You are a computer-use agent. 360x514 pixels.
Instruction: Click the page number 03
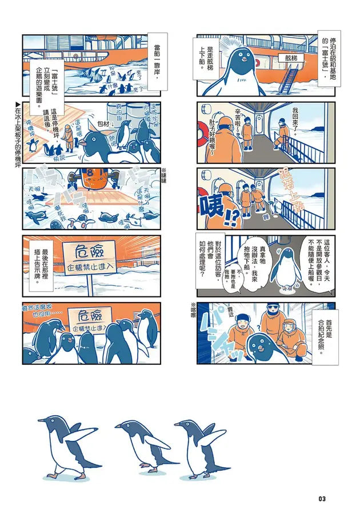(x=322, y=499)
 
